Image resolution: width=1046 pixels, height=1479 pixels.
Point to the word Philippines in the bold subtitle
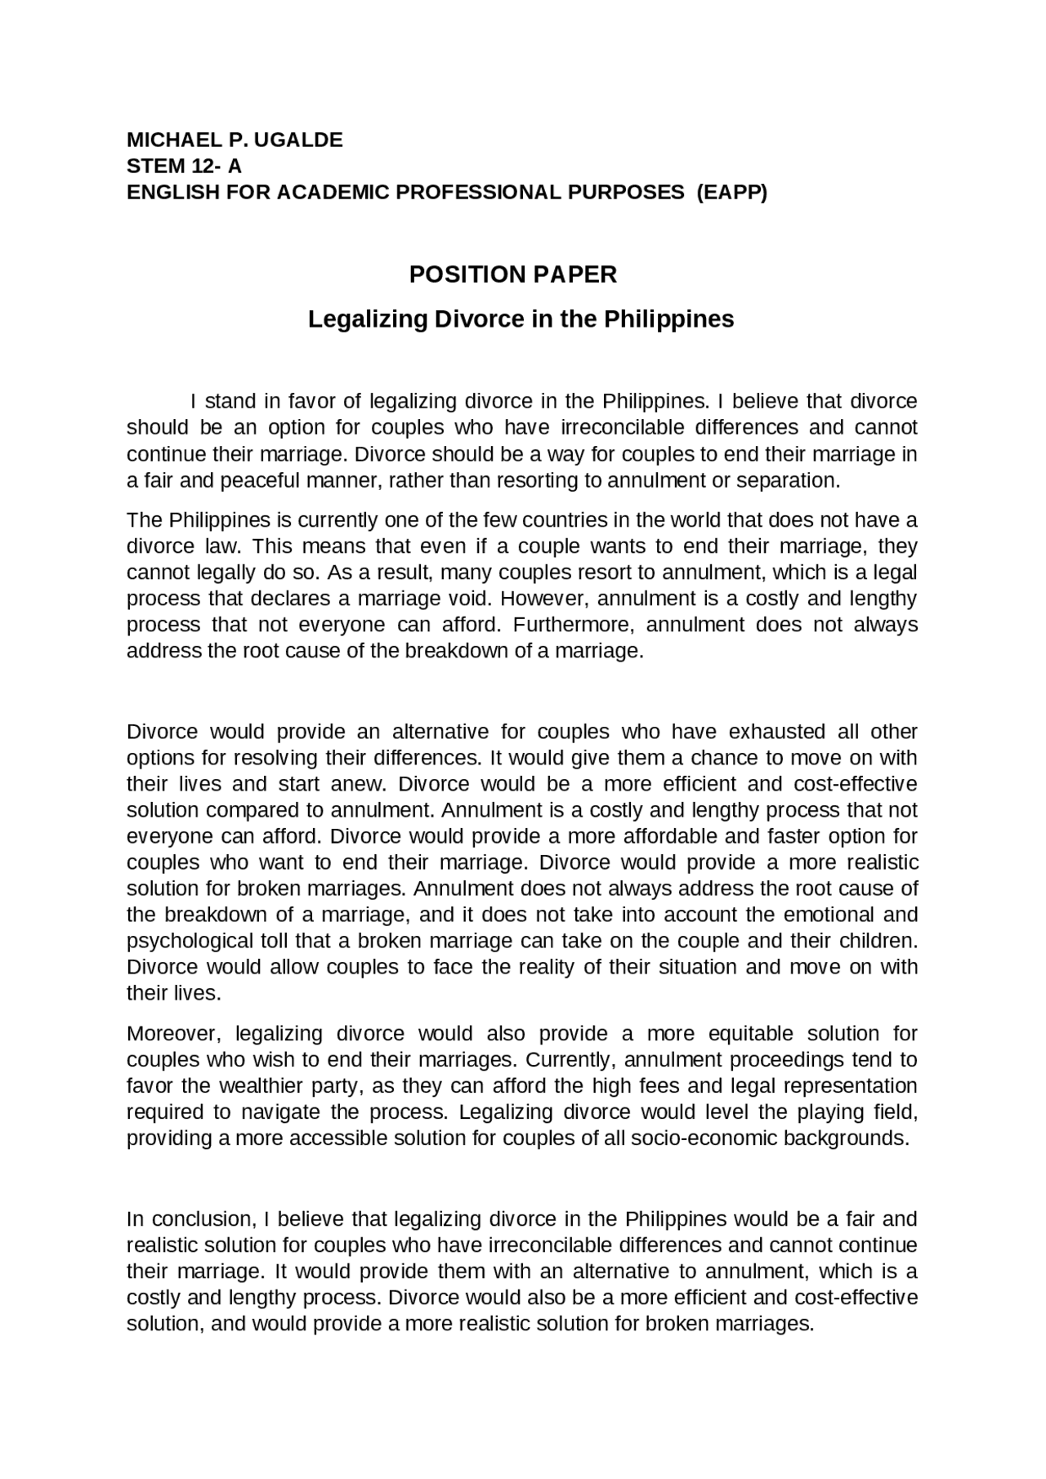(x=668, y=319)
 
